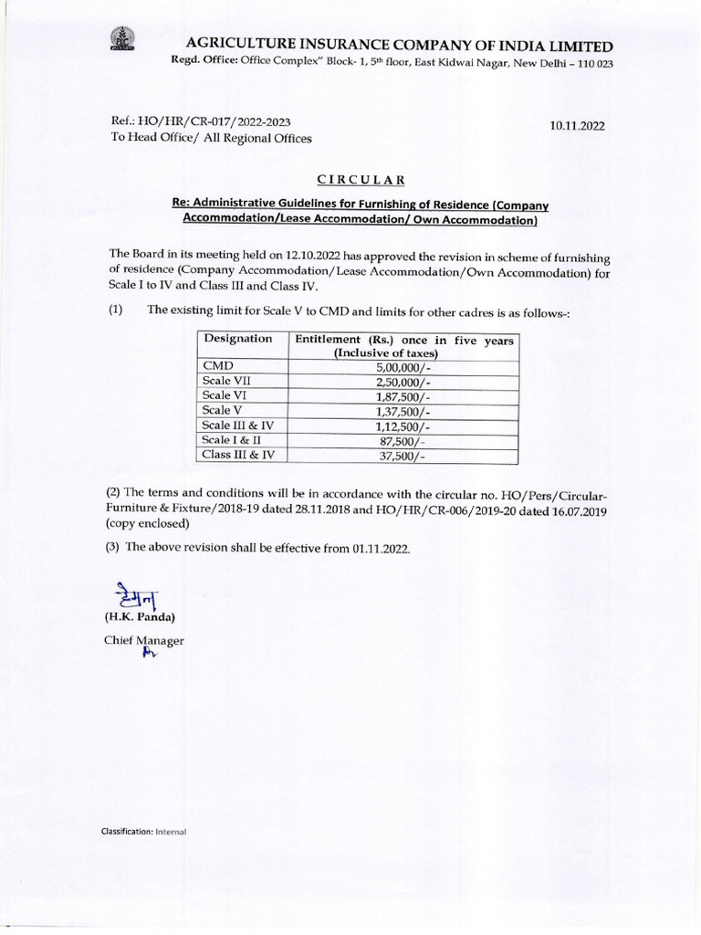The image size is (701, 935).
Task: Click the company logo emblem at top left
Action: coord(120,42)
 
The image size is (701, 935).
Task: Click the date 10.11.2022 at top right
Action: coord(577,127)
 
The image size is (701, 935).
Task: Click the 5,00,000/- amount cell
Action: coord(403,365)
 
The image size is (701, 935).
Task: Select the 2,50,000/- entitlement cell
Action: coord(403,381)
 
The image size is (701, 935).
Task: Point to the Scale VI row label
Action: coord(225,395)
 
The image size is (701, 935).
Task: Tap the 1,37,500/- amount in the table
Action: coord(403,411)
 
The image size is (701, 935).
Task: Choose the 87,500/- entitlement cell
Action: coord(403,441)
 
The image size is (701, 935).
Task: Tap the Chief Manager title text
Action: coord(144,641)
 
